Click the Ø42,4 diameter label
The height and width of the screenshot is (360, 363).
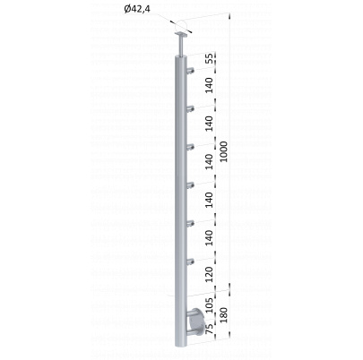coord(137,9)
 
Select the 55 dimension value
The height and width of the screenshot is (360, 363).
coord(211,58)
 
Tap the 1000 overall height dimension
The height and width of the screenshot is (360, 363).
coord(223,151)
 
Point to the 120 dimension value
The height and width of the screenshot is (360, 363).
coord(211,275)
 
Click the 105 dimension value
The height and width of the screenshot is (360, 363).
coord(211,304)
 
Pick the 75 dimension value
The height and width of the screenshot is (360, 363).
coord(211,329)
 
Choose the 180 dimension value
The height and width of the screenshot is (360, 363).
coord(223,315)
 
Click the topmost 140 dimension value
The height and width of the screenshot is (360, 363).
coord(211,85)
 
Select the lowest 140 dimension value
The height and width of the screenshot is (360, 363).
coord(211,238)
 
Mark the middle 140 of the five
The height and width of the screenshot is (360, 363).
coord(211,162)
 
